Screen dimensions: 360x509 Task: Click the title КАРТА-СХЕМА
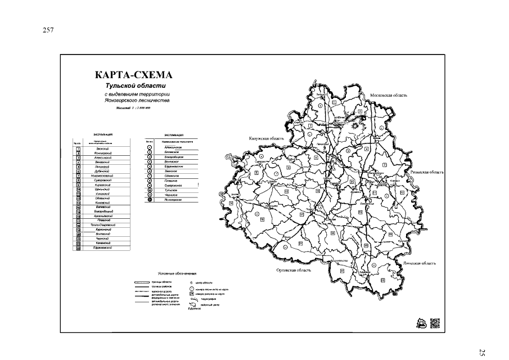[x=133, y=75]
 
